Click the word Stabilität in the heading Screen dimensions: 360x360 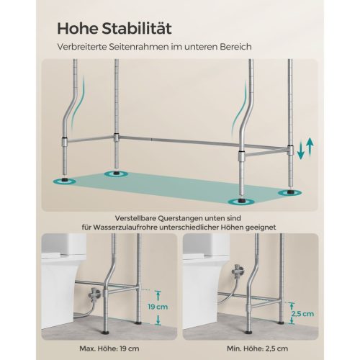(x=137, y=29)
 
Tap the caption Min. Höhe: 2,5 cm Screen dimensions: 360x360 (x=266, y=348)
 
